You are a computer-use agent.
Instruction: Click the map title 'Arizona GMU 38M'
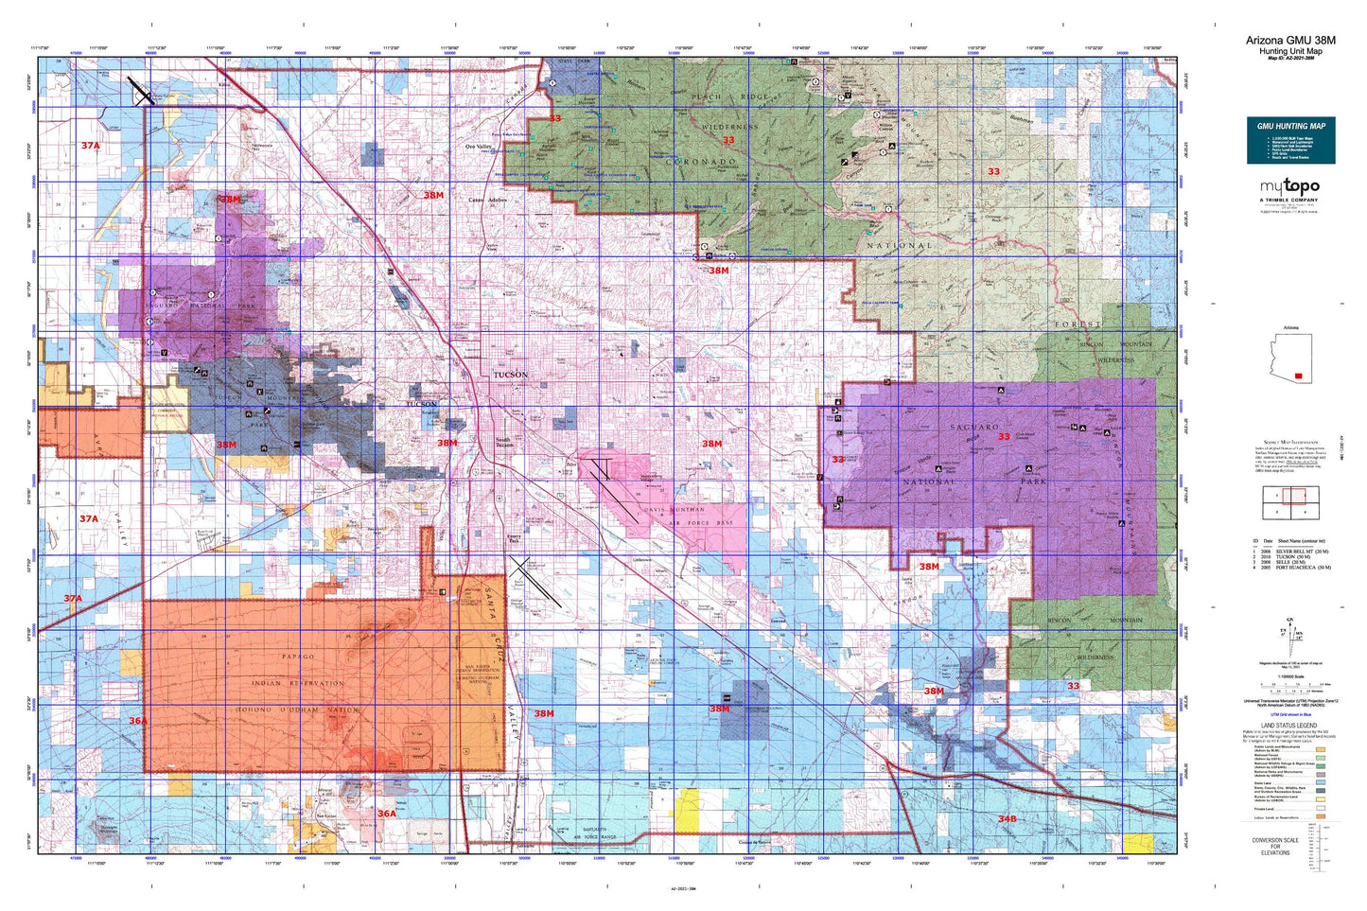point(1290,40)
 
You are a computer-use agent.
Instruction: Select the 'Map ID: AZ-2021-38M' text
point(1290,59)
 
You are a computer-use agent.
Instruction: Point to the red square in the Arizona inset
point(1298,376)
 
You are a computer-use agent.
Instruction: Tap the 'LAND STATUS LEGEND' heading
point(1288,726)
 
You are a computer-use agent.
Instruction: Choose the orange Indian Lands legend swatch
point(1320,816)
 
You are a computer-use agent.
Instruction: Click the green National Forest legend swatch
point(1320,757)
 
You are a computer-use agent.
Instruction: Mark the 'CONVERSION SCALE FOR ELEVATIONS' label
point(1274,846)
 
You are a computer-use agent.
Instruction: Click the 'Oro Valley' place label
point(478,147)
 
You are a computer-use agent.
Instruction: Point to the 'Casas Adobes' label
point(488,201)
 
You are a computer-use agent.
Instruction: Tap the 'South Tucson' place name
point(502,442)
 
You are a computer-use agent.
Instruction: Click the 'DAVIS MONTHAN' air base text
point(675,510)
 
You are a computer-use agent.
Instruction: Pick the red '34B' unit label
point(1007,818)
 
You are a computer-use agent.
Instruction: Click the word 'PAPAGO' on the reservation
point(297,657)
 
